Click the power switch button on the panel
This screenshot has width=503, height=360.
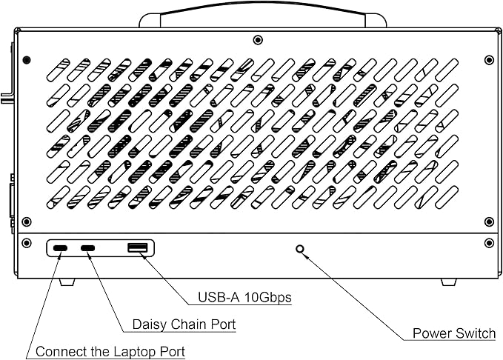point(300,249)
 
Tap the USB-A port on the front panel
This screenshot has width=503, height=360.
point(138,247)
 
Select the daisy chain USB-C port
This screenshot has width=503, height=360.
point(87,248)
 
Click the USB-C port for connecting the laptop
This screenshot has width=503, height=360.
point(60,248)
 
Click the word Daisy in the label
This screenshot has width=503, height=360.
point(150,324)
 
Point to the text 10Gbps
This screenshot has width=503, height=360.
point(268,298)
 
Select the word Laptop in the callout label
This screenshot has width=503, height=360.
point(131,352)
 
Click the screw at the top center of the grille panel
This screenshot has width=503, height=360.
point(258,40)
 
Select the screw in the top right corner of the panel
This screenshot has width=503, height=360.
point(489,60)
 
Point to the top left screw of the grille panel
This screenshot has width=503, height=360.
point(27,60)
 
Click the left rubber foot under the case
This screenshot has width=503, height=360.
point(67,282)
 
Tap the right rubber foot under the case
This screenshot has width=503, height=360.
point(449,282)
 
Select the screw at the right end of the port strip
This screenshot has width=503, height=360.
point(489,243)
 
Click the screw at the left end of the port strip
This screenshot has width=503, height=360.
point(27,243)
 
